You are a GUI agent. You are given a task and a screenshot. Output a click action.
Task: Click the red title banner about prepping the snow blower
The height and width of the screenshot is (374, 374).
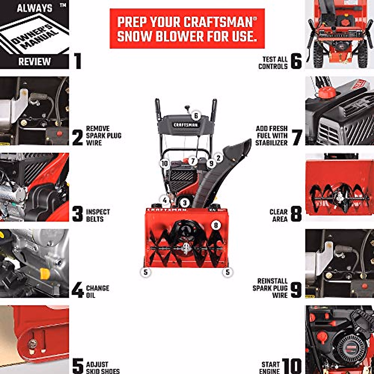click(x=187, y=29)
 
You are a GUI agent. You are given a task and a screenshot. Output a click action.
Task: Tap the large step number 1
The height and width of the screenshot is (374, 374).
click(x=77, y=61)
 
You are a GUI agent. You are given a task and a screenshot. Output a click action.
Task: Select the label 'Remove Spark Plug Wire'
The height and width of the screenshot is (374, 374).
click(x=103, y=136)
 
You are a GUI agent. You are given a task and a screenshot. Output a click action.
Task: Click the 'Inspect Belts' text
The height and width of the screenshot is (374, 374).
click(x=98, y=215)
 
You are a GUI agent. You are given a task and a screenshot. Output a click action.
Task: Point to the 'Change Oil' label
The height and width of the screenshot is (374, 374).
click(x=97, y=291)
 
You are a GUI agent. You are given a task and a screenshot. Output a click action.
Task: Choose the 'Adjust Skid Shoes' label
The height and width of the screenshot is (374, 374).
click(x=103, y=367)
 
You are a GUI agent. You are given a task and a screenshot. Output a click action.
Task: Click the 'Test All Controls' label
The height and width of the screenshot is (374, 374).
click(x=273, y=63)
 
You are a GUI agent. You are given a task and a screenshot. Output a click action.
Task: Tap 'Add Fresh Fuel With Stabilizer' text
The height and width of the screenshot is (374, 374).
click(x=271, y=136)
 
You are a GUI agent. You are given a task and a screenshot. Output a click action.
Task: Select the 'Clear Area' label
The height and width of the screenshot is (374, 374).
click(x=279, y=215)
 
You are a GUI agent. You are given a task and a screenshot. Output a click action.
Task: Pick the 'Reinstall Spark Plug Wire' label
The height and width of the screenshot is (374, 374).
click(x=270, y=288)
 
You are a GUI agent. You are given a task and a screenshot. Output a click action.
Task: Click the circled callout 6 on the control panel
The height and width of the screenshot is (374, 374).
click(x=196, y=116)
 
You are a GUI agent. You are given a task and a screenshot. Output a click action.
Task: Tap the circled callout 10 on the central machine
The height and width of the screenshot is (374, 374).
click(x=165, y=164)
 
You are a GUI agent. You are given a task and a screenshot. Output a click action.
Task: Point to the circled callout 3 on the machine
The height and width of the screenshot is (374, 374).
click(x=185, y=203)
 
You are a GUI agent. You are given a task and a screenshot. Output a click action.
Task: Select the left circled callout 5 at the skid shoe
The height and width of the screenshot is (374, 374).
click(x=145, y=272)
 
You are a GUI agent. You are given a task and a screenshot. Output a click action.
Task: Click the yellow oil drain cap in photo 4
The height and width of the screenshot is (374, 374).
click(x=45, y=274)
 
